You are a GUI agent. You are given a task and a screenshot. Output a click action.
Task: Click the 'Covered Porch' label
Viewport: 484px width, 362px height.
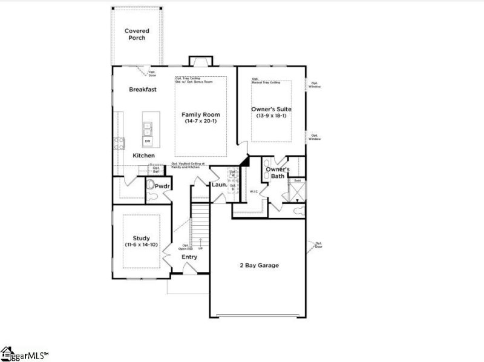(x=137, y=34)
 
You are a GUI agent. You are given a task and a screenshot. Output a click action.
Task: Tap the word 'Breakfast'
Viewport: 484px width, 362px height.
(x=143, y=90)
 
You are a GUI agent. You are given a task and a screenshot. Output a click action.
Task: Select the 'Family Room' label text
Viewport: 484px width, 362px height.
(x=201, y=114)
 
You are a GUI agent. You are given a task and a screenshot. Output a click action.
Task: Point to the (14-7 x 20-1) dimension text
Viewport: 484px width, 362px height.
(x=201, y=121)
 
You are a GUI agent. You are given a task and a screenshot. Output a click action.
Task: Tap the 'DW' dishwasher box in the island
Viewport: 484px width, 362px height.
(x=148, y=141)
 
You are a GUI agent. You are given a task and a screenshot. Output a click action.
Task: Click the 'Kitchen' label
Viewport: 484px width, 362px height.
(x=144, y=156)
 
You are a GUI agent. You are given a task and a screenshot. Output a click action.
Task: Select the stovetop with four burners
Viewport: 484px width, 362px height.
(x=119, y=143)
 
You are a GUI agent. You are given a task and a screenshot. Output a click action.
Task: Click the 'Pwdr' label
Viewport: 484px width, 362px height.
(x=161, y=186)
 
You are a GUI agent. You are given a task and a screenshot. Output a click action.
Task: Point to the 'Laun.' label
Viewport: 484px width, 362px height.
(x=218, y=185)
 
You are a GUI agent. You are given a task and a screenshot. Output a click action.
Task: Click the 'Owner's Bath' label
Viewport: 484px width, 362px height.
(x=278, y=173)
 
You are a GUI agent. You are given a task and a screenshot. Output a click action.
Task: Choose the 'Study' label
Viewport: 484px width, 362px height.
(x=142, y=239)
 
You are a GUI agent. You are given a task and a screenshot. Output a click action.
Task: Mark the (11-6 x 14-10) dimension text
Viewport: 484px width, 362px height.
(x=142, y=245)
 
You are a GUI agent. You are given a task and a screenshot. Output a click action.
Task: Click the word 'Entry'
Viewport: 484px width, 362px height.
(x=189, y=257)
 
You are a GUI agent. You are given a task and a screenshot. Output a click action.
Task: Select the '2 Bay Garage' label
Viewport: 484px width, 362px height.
(x=259, y=265)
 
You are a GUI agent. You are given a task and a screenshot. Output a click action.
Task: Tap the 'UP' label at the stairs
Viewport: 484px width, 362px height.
(x=200, y=248)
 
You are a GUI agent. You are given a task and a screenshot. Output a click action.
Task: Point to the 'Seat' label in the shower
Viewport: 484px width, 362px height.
(x=298, y=181)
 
